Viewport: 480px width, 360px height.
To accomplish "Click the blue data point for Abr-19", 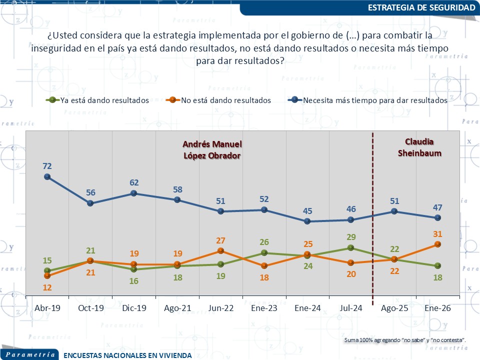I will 47,176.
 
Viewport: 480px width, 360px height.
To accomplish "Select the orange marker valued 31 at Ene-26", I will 437,244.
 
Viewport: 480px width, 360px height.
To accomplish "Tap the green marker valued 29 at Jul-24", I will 350,247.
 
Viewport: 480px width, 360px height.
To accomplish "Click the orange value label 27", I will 220,240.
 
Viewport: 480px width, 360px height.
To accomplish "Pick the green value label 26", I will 264,242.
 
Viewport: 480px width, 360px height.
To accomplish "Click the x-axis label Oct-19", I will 90,308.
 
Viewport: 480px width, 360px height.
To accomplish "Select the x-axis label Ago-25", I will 394,308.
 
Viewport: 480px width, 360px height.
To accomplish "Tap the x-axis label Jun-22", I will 220,308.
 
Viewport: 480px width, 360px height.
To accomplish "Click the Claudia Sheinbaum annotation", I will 419,147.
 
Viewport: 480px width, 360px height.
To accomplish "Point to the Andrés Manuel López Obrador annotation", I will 212,149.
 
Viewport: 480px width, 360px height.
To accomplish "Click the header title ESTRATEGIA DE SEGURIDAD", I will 421,7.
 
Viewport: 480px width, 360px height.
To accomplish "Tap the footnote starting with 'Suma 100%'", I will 405,340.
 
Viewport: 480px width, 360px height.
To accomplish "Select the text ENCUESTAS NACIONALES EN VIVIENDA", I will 127,355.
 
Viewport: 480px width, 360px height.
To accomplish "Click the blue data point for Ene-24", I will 307,221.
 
